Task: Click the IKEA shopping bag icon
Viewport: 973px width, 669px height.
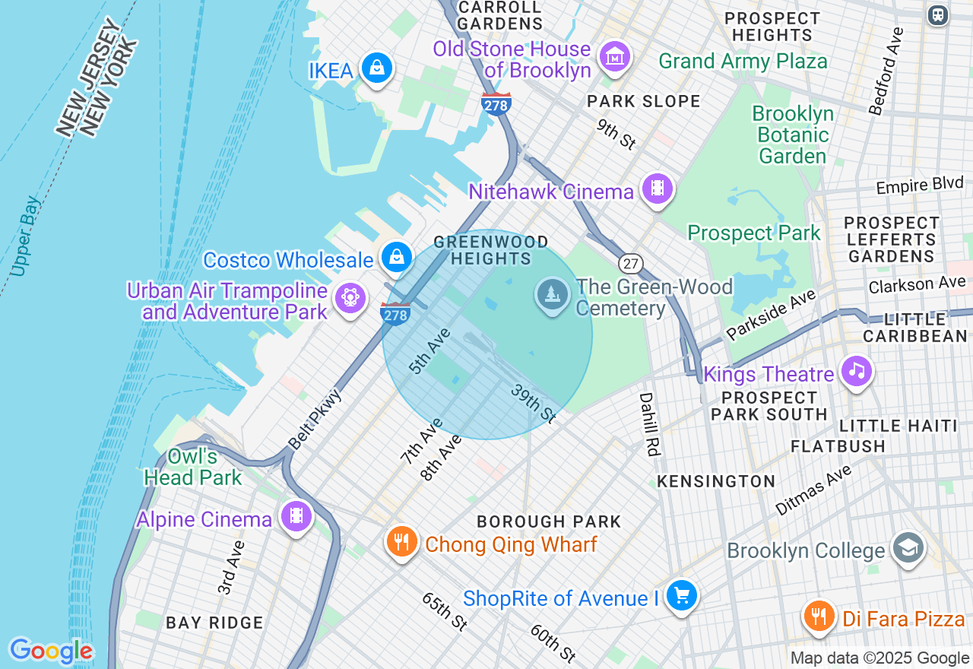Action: (x=376, y=68)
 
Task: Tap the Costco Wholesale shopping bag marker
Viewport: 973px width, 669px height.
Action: (x=396, y=257)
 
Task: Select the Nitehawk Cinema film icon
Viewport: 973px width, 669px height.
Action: (x=657, y=188)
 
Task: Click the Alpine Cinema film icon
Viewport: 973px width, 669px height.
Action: (x=296, y=517)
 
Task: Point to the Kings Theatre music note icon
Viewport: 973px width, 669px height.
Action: (x=857, y=371)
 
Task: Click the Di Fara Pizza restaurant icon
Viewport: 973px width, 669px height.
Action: (x=819, y=616)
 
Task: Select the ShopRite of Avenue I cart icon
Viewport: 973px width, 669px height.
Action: (x=682, y=595)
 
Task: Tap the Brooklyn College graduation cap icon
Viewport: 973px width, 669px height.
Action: (x=908, y=547)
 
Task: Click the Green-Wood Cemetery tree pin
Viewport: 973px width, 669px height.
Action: (x=553, y=294)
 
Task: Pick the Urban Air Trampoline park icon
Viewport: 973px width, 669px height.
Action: (x=350, y=297)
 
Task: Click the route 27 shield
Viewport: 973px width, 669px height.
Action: (x=629, y=264)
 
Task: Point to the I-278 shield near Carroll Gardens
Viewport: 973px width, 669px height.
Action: (x=496, y=105)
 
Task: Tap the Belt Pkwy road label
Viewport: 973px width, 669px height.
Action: (x=315, y=420)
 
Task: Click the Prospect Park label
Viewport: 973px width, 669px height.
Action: (x=754, y=233)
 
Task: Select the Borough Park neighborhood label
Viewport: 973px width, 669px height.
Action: (x=549, y=522)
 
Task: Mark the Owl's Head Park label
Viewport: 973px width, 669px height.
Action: (x=193, y=467)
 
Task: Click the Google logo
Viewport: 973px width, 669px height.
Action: (x=51, y=652)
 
